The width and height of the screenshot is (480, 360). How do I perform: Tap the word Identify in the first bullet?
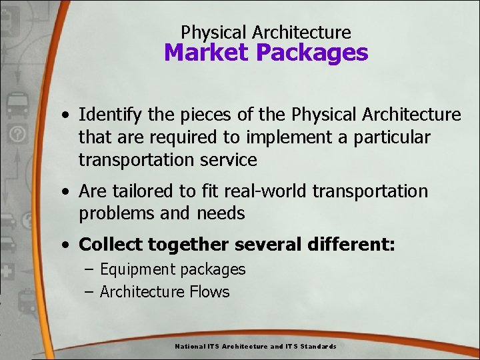click(110, 115)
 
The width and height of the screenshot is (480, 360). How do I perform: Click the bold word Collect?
click(111, 245)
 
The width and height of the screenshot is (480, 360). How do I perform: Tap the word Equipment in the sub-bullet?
click(135, 270)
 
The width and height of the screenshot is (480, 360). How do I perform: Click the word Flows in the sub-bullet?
click(208, 292)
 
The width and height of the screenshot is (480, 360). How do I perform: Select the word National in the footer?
click(190, 347)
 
